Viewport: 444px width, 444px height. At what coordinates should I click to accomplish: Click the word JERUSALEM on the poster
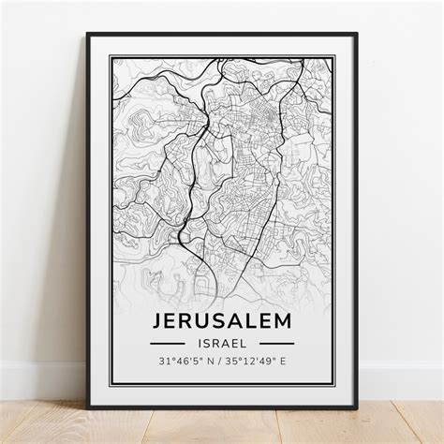tap(221, 320)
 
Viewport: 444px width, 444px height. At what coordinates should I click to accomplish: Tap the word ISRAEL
tap(221, 343)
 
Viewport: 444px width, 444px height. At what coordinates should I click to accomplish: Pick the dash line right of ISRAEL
tap(275, 343)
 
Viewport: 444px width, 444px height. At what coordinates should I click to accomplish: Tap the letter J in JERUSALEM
tap(156, 320)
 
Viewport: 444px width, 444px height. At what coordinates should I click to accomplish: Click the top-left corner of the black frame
tap(88, 35)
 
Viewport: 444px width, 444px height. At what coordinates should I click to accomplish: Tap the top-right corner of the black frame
tap(356, 35)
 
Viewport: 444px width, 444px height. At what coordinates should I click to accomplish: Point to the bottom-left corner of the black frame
tap(88, 407)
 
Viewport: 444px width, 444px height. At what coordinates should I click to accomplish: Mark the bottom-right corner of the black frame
tap(356, 407)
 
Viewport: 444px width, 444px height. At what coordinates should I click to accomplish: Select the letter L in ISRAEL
tap(245, 343)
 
